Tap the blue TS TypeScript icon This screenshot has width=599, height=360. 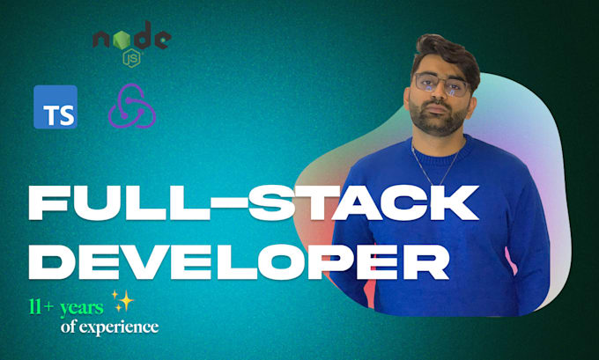pyautogui.click(x=55, y=107)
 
